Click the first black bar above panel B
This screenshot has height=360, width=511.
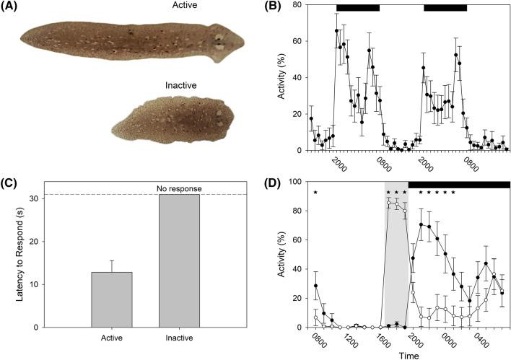[x=358, y=8]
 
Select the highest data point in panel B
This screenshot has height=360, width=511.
[x=337, y=30]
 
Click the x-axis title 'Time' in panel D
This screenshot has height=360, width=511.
[x=409, y=354]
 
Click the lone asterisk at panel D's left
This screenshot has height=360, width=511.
[x=316, y=193]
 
